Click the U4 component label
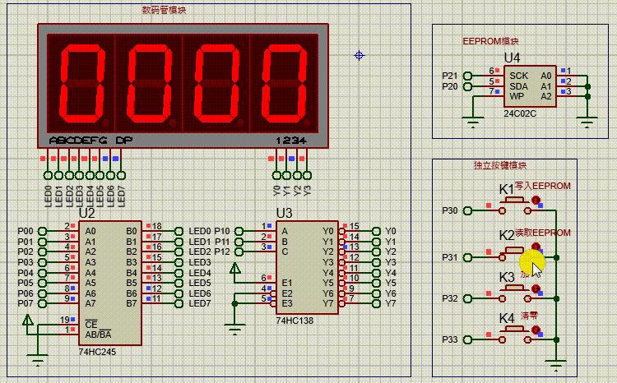(x=512, y=58)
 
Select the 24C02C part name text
(x=521, y=113)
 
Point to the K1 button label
(x=506, y=189)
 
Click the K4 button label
(x=506, y=318)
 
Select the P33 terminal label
(x=449, y=339)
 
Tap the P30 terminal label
(x=449, y=211)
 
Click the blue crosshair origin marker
(x=360, y=55)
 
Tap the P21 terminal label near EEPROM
(x=449, y=76)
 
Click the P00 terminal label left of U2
(x=26, y=232)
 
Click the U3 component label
(x=284, y=213)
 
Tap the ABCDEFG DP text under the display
(x=90, y=141)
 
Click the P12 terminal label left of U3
(x=222, y=252)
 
